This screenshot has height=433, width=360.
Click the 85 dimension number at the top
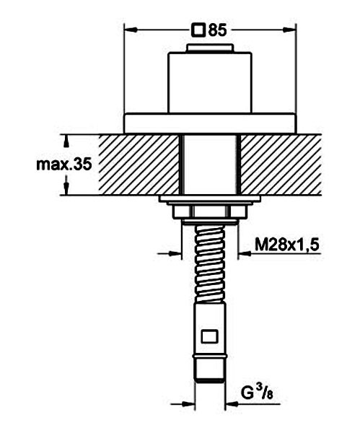pos(218,30)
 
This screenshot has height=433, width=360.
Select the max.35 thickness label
pos(64,165)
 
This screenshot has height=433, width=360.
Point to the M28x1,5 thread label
pos(287,245)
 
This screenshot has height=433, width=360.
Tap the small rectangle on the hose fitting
pos(210,336)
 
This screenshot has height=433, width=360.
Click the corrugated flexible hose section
pos(210,263)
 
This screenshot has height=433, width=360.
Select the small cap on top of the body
pos(210,48)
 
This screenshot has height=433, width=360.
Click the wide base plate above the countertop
pos(210,123)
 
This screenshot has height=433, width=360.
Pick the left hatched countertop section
pos(139,165)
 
